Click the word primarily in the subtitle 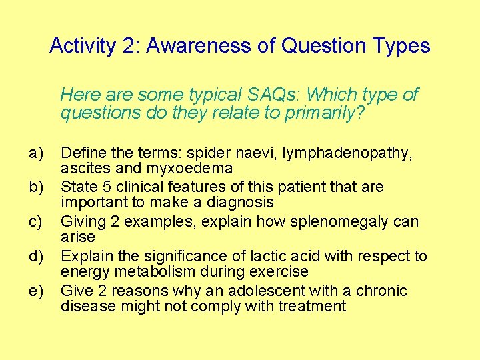coord(324,113)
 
